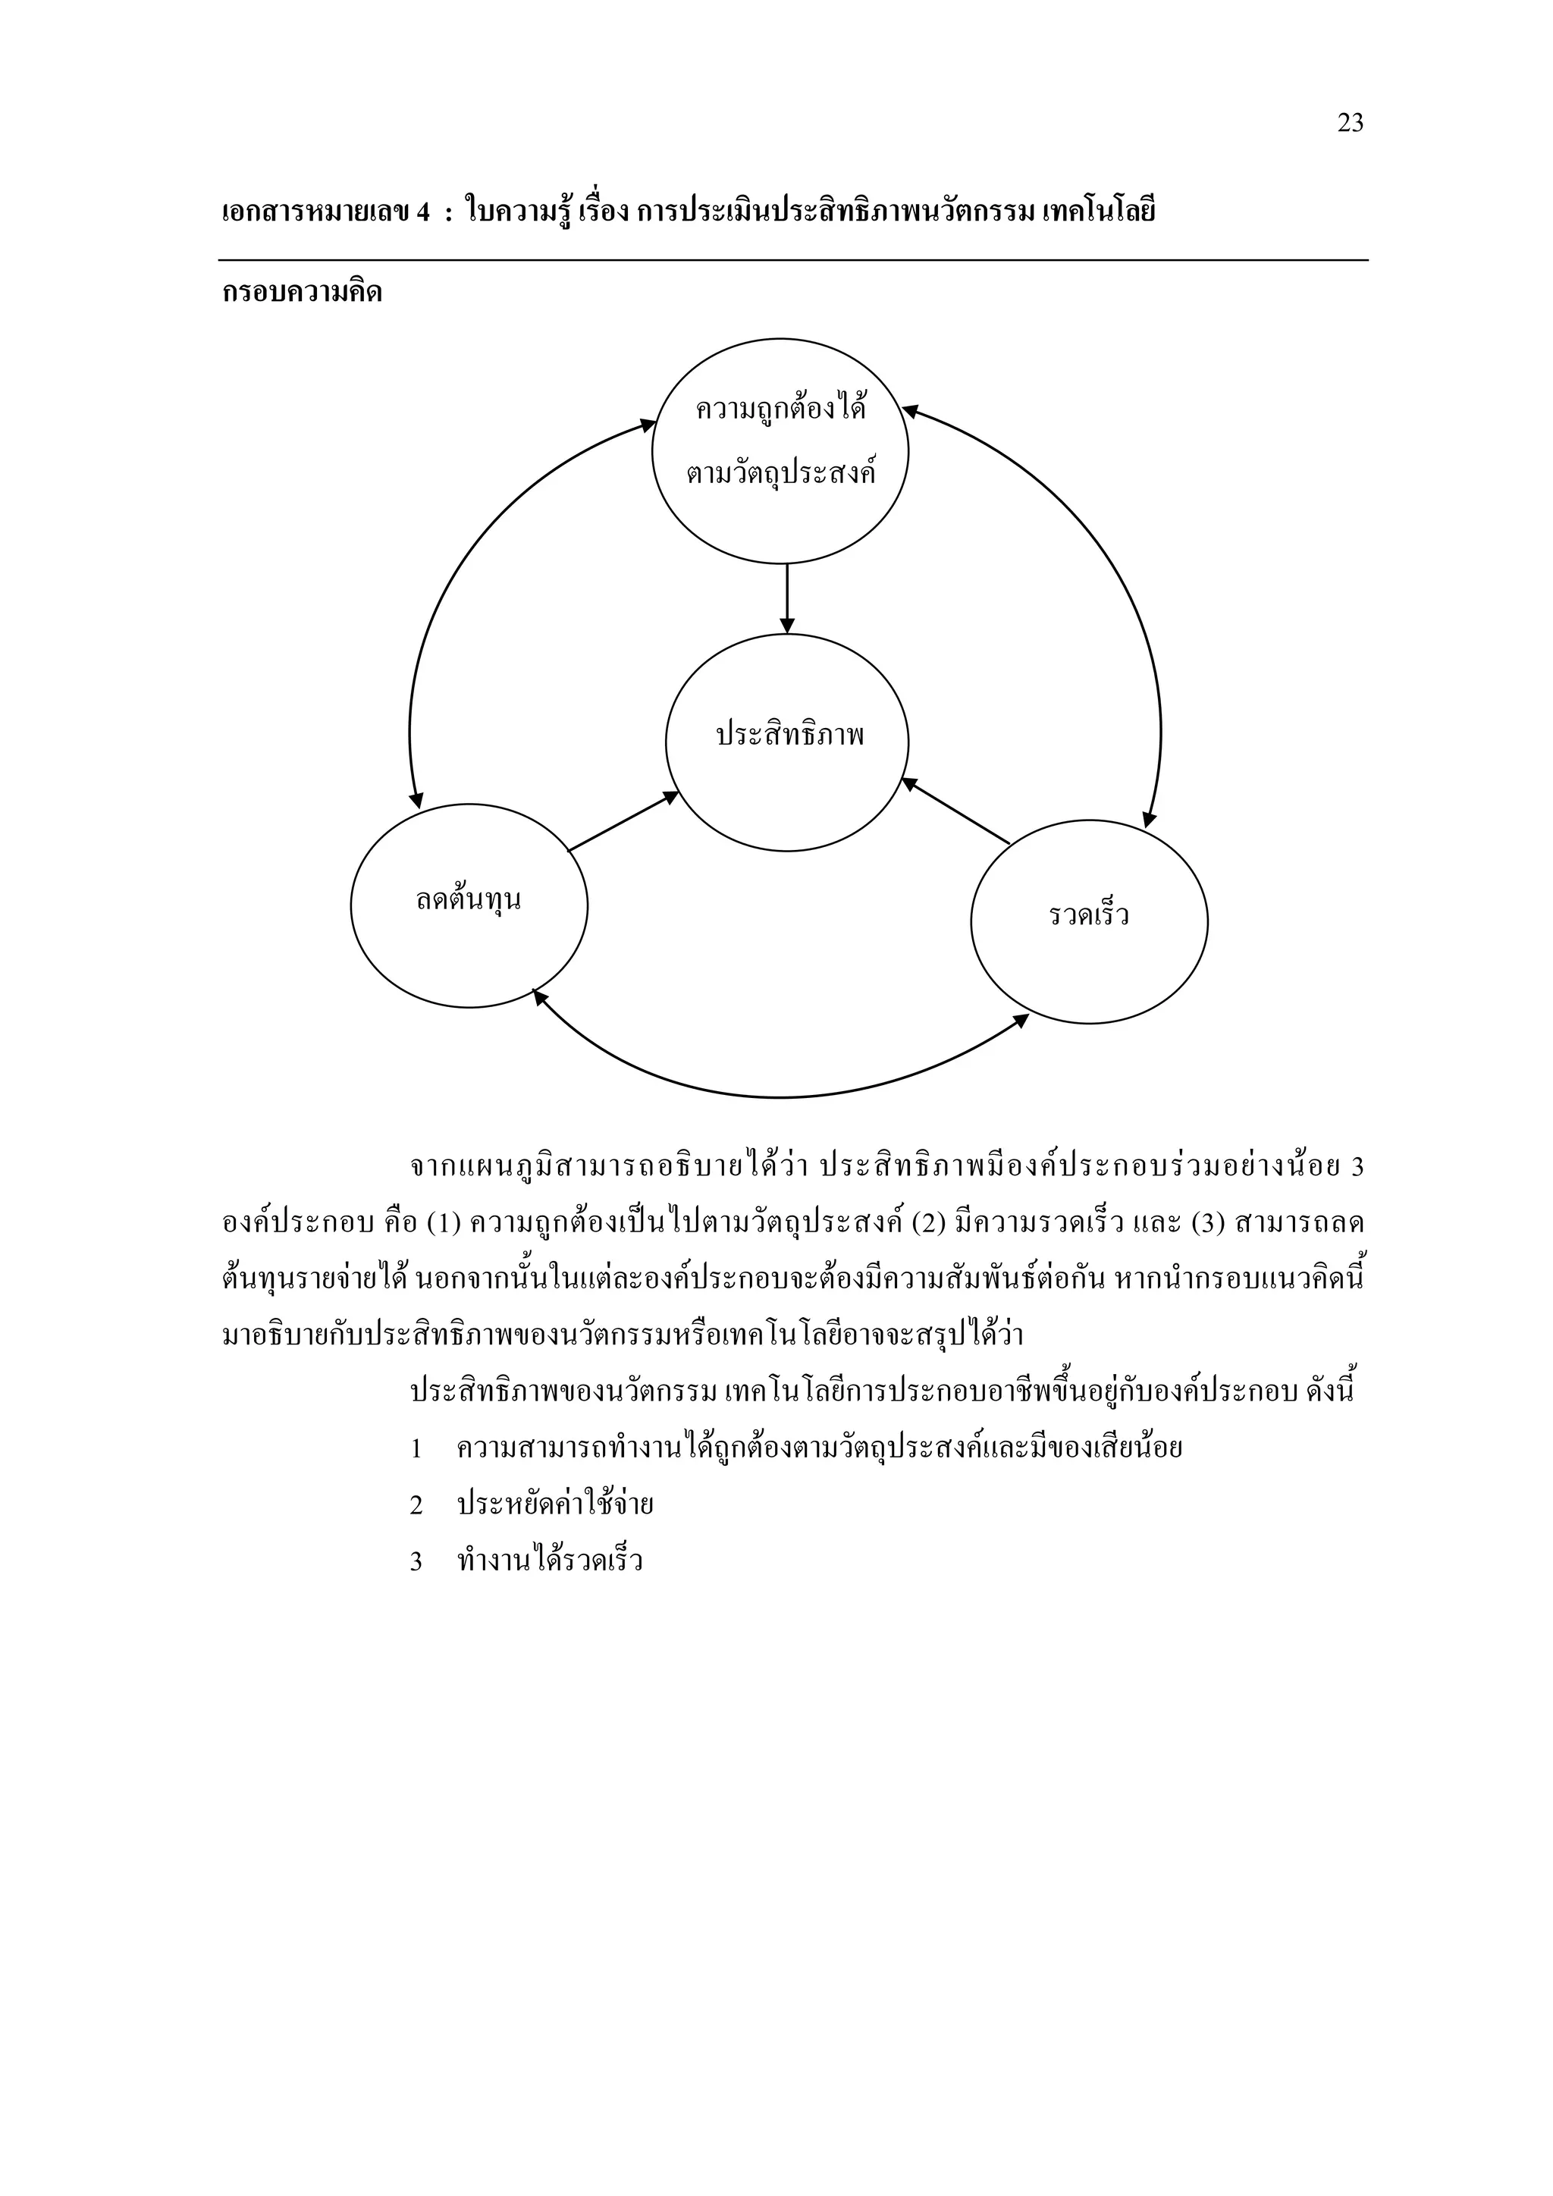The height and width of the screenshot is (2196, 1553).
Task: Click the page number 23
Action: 1349,124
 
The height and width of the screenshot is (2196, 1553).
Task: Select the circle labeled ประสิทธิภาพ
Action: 787,742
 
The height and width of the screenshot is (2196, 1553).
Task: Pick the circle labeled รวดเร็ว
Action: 1088,921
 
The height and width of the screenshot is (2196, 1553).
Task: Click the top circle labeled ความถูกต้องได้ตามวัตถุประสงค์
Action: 780,450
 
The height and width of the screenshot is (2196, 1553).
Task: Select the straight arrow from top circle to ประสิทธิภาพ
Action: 787,598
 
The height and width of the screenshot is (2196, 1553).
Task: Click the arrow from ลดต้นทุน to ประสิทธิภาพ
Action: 622,823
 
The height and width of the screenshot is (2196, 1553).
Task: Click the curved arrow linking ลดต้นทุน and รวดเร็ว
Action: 780,1096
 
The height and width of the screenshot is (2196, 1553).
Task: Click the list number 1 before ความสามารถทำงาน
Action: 416,1449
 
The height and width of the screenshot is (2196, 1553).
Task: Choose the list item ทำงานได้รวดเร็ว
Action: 550,1561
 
